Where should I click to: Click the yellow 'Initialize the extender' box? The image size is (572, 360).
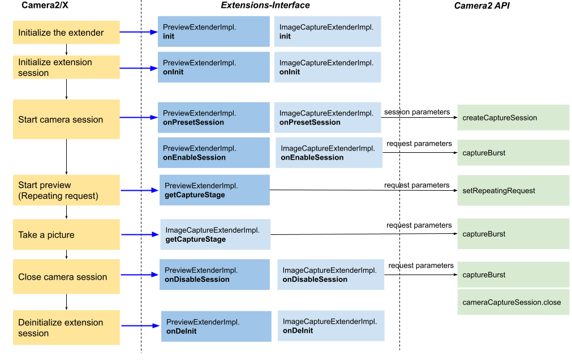[x=66, y=32]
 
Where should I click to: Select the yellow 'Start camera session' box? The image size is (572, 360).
[x=66, y=119]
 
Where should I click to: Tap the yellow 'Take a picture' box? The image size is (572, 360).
[x=66, y=234]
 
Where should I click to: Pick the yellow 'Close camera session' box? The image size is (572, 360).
[x=66, y=277]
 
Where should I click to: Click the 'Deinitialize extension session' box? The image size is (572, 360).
[x=66, y=328]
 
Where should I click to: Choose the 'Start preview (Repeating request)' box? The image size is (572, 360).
[x=66, y=190]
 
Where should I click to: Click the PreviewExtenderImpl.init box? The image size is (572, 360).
[x=213, y=31]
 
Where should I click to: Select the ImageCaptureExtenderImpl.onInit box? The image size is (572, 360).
[x=327, y=67]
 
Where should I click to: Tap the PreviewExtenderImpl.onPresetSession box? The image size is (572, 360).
[x=213, y=118]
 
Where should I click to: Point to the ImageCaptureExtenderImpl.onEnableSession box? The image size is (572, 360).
[x=329, y=153]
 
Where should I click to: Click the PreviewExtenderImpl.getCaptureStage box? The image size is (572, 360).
[x=214, y=190]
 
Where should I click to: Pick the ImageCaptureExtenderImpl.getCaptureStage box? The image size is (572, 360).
[x=215, y=234]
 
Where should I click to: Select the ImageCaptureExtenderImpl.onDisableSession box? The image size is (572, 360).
[x=330, y=275]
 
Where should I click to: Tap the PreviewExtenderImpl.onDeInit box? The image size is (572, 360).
[x=216, y=326]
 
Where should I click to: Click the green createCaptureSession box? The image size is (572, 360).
[x=513, y=118]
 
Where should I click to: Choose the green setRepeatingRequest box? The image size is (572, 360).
[x=513, y=190]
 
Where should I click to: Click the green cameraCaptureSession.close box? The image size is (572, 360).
[x=513, y=302]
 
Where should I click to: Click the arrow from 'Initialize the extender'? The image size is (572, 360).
[x=139, y=32]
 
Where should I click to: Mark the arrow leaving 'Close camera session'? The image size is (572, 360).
[x=139, y=276]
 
